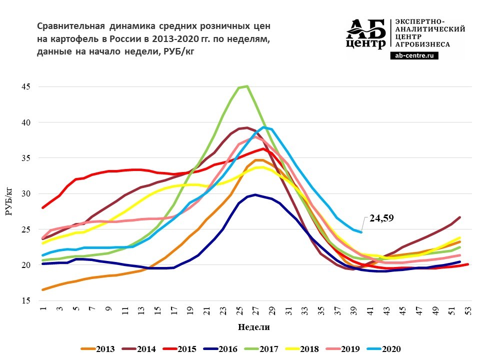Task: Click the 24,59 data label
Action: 381,218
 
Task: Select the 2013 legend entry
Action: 99,349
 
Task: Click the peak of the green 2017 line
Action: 246,86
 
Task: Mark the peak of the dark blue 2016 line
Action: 255,194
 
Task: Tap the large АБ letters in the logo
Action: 366,29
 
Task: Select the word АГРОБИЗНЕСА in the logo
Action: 422,44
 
